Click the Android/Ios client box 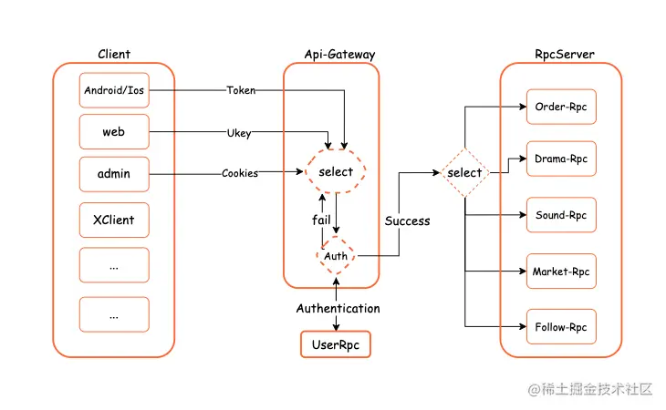tap(114, 90)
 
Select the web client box tap(114, 132)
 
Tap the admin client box tap(114, 173)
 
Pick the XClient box tap(114, 220)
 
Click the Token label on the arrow tap(241, 90)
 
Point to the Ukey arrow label tap(239, 133)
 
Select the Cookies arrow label tap(239, 173)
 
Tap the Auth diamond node tap(336, 256)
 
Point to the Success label tap(407, 220)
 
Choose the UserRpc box tap(337, 344)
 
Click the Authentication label tap(338, 308)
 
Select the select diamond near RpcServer tap(465, 172)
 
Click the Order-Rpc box tap(560, 108)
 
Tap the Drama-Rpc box tap(560, 159)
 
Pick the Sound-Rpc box tap(560, 216)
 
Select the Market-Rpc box tap(560, 271)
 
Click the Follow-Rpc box tap(560, 326)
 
